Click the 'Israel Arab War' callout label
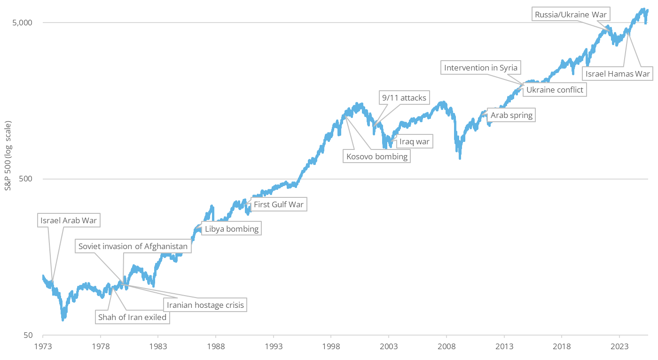[x=65, y=220]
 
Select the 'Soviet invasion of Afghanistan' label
[x=133, y=246]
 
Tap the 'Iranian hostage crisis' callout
[x=205, y=305]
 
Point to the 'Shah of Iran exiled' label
[x=132, y=317]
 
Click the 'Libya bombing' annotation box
[x=231, y=229]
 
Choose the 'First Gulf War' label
[x=279, y=204]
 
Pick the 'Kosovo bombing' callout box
[x=377, y=156]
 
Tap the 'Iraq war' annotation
[x=414, y=141]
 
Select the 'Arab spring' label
[x=511, y=115]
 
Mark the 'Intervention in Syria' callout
[x=481, y=68]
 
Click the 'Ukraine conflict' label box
[x=555, y=90]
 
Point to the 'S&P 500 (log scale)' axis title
[x=8, y=156]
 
